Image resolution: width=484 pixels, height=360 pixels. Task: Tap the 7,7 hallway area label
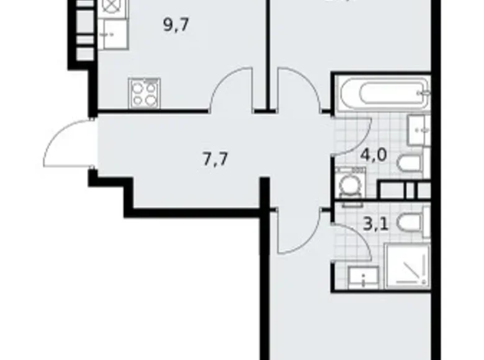point(215,159)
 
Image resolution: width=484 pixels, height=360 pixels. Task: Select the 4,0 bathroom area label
point(374,153)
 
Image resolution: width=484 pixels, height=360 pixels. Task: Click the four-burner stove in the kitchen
point(145,94)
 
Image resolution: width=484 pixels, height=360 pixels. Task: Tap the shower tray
point(406,265)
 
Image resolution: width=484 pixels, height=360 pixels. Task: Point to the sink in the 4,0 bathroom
point(418,130)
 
